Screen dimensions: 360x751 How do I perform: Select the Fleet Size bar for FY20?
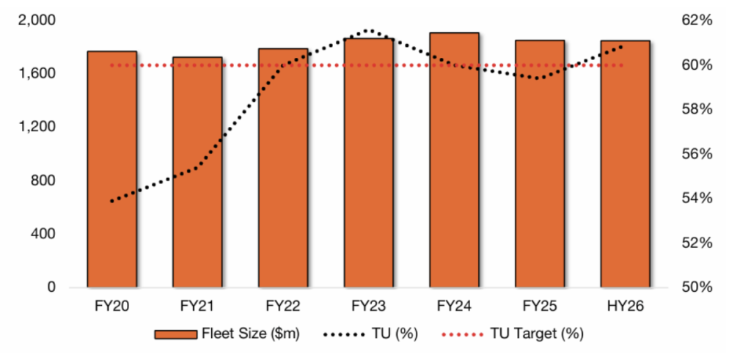(x=111, y=169)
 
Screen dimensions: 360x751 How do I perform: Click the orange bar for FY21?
(x=197, y=172)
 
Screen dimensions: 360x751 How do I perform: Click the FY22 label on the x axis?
(x=282, y=306)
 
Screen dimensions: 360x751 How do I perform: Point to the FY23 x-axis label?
(x=368, y=306)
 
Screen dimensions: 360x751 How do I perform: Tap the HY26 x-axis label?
(x=625, y=306)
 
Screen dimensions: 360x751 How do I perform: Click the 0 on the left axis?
(x=51, y=287)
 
